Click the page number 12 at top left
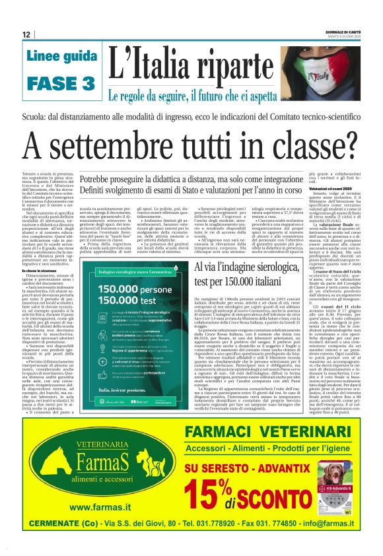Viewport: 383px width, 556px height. click(x=26, y=34)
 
